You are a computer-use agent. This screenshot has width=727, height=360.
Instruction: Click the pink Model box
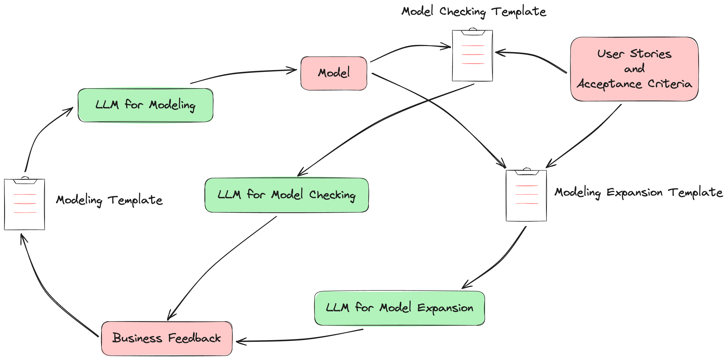point(334,73)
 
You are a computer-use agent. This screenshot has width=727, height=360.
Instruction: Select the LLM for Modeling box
point(145,105)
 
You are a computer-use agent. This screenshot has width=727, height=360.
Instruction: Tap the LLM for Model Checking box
point(287,195)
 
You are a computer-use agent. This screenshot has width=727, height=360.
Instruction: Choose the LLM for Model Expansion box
point(399,308)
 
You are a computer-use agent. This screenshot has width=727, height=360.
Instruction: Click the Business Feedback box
point(167,338)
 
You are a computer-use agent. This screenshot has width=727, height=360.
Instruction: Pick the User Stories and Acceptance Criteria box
point(634,69)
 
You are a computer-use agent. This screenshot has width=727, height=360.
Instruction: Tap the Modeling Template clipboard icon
point(25,204)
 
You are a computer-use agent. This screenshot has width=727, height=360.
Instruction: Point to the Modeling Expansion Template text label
point(638,193)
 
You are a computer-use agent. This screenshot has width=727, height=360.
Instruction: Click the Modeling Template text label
point(109,200)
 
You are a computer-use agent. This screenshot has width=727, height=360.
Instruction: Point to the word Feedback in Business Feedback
point(194,338)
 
